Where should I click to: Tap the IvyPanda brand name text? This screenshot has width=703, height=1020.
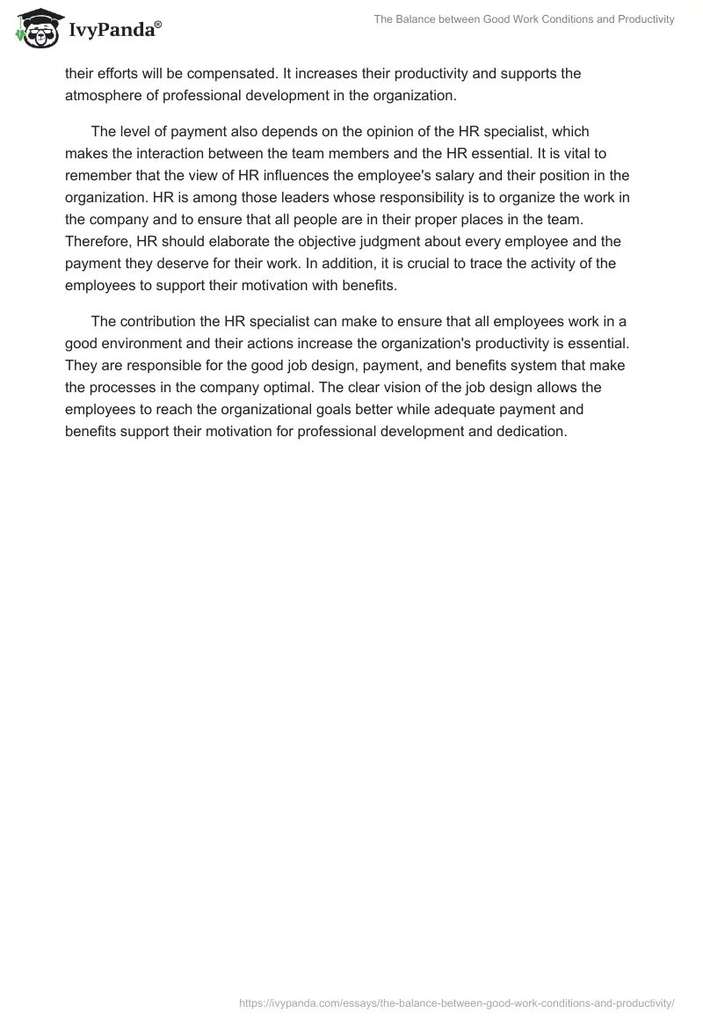115,32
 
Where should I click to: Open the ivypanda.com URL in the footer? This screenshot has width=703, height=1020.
456,1002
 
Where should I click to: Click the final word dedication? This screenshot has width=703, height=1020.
532,431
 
